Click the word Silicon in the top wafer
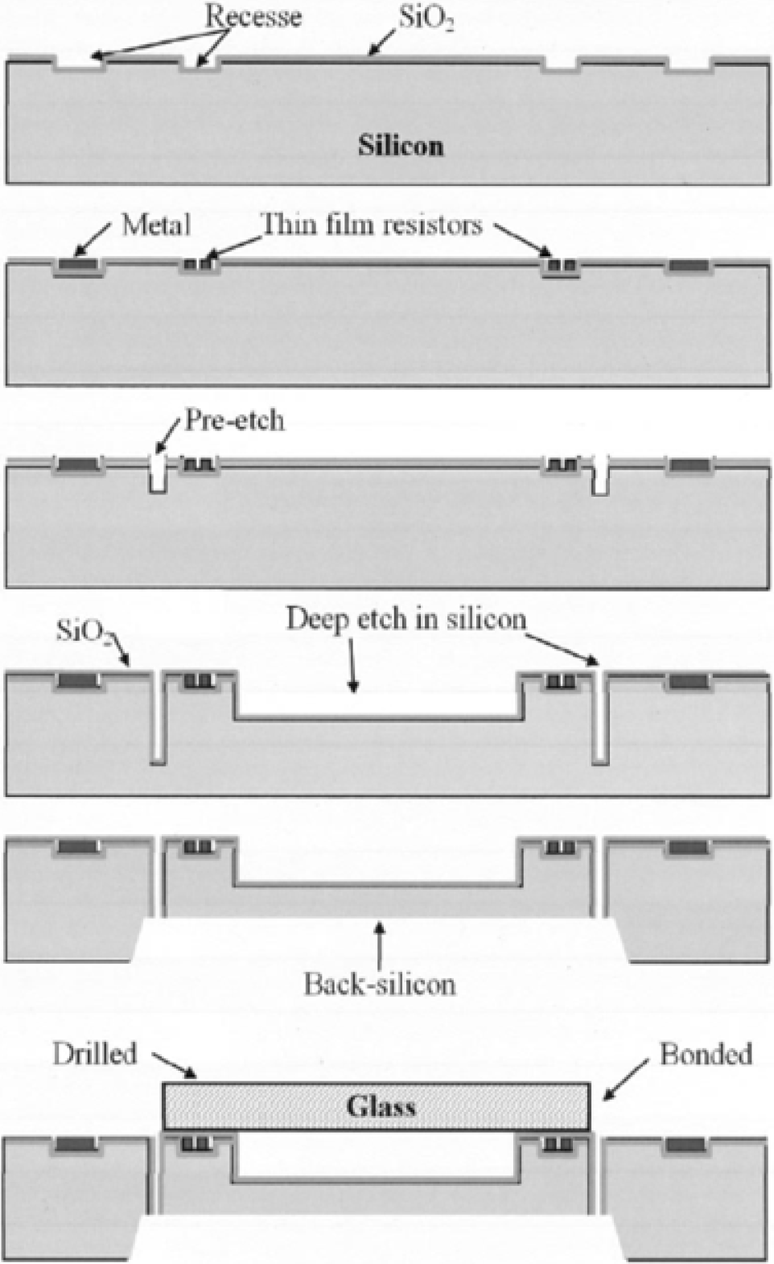[x=401, y=146]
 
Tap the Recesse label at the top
[x=253, y=16]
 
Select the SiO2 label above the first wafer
[x=426, y=19]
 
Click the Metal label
[x=156, y=225]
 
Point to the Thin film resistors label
[x=372, y=224]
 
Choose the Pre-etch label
[x=234, y=420]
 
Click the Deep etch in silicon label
[x=406, y=619]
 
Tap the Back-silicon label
[x=379, y=984]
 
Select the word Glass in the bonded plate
[x=381, y=1106]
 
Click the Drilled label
[x=95, y=1054]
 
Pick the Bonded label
[x=706, y=1054]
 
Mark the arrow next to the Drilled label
[x=174, y=1064]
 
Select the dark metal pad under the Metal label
[x=78, y=264]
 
